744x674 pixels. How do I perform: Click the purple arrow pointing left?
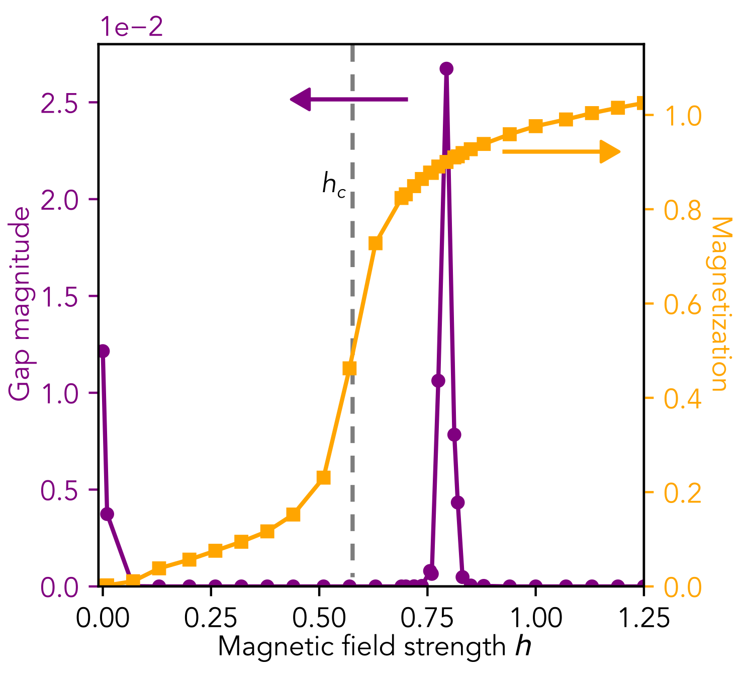(349, 99)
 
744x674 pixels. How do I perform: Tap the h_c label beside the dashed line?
(334, 186)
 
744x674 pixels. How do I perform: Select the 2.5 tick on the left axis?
(60, 103)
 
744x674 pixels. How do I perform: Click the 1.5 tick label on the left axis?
(60, 297)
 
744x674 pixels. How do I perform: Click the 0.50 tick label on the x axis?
(319, 617)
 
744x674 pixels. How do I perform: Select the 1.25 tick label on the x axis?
(643, 617)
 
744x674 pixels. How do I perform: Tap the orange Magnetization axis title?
(720, 304)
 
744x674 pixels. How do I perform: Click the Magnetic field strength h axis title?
(374, 646)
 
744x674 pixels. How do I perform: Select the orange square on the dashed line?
(349, 369)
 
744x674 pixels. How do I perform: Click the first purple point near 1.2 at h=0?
(103, 351)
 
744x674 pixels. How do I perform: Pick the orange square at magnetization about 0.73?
(376, 243)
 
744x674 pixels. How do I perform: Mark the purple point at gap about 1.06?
(438, 381)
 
